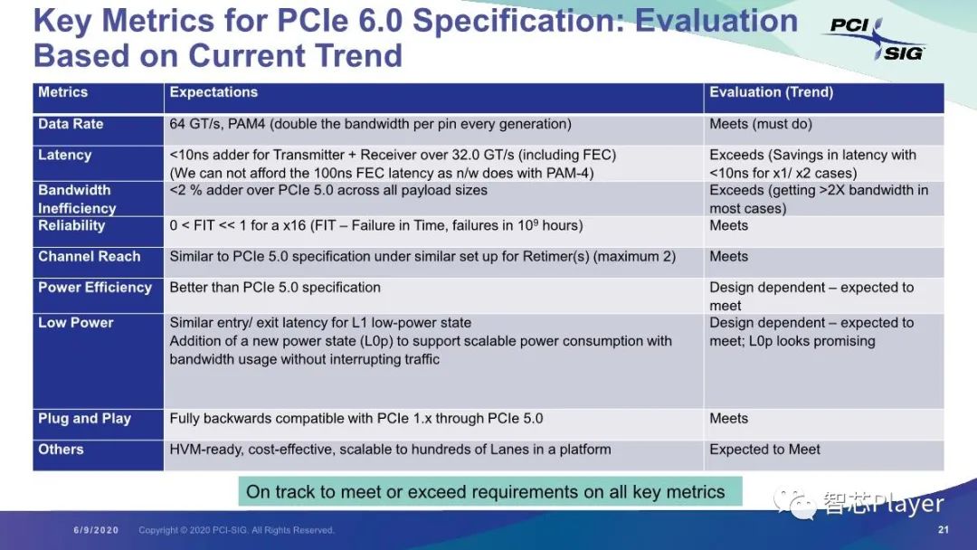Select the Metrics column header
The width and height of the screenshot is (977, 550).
pos(63,92)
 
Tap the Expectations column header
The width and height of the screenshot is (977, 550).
pos(213,92)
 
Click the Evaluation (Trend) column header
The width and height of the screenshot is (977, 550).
pos(771,92)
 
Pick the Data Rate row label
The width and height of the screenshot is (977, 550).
pos(71,124)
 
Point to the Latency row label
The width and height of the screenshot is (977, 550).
pos(65,155)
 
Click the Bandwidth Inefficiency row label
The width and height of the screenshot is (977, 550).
pos(77,199)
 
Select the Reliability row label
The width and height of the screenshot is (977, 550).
pos(71,225)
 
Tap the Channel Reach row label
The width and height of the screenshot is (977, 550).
pos(89,257)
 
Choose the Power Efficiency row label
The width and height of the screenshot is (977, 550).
pos(95,288)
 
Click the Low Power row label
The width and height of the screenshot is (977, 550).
pos(75,323)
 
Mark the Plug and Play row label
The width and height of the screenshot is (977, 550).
pos(84,419)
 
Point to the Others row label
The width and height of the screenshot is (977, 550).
pos(61,450)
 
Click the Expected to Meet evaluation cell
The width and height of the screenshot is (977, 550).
pos(764,450)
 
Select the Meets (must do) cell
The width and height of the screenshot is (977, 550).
pos(760,124)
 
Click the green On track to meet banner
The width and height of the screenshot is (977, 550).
pos(490,491)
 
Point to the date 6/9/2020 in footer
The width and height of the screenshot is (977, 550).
pos(96,530)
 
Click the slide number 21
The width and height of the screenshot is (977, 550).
pos(944,530)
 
